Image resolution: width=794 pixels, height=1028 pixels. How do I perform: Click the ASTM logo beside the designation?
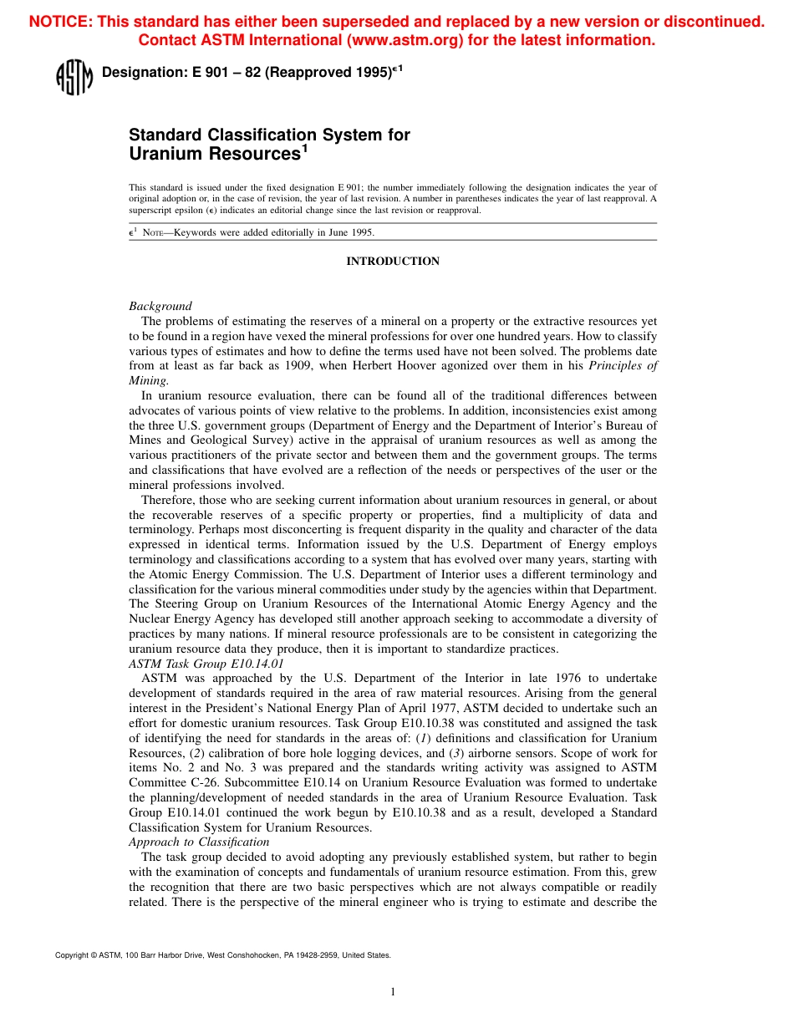[74, 77]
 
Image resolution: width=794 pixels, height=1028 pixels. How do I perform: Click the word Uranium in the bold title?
[165, 154]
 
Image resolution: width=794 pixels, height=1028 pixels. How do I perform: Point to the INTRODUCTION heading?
[393, 262]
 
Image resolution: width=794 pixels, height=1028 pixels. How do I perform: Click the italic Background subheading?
[160, 306]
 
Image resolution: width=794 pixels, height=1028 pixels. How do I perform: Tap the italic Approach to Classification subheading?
[199, 842]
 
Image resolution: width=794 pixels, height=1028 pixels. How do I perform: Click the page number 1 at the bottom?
[393, 992]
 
